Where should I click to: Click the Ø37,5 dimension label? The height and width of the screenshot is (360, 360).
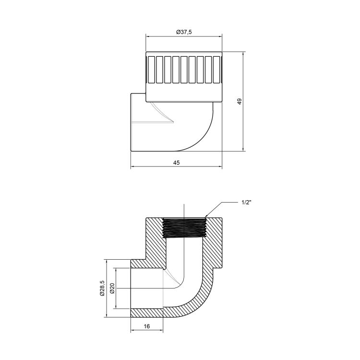pos(184,32)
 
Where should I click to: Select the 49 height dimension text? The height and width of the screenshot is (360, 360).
pos(240,101)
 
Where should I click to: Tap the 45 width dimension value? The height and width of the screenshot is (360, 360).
pos(176,163)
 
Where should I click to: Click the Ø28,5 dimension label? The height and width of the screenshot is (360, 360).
pos(102,288)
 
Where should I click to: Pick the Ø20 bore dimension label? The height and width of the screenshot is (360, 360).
pos(112,288)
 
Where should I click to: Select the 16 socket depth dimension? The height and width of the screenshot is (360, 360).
pos(147,326)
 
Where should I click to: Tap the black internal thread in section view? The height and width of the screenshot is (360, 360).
pos(184,228)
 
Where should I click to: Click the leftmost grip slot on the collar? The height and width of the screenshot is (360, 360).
pos(151,70)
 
